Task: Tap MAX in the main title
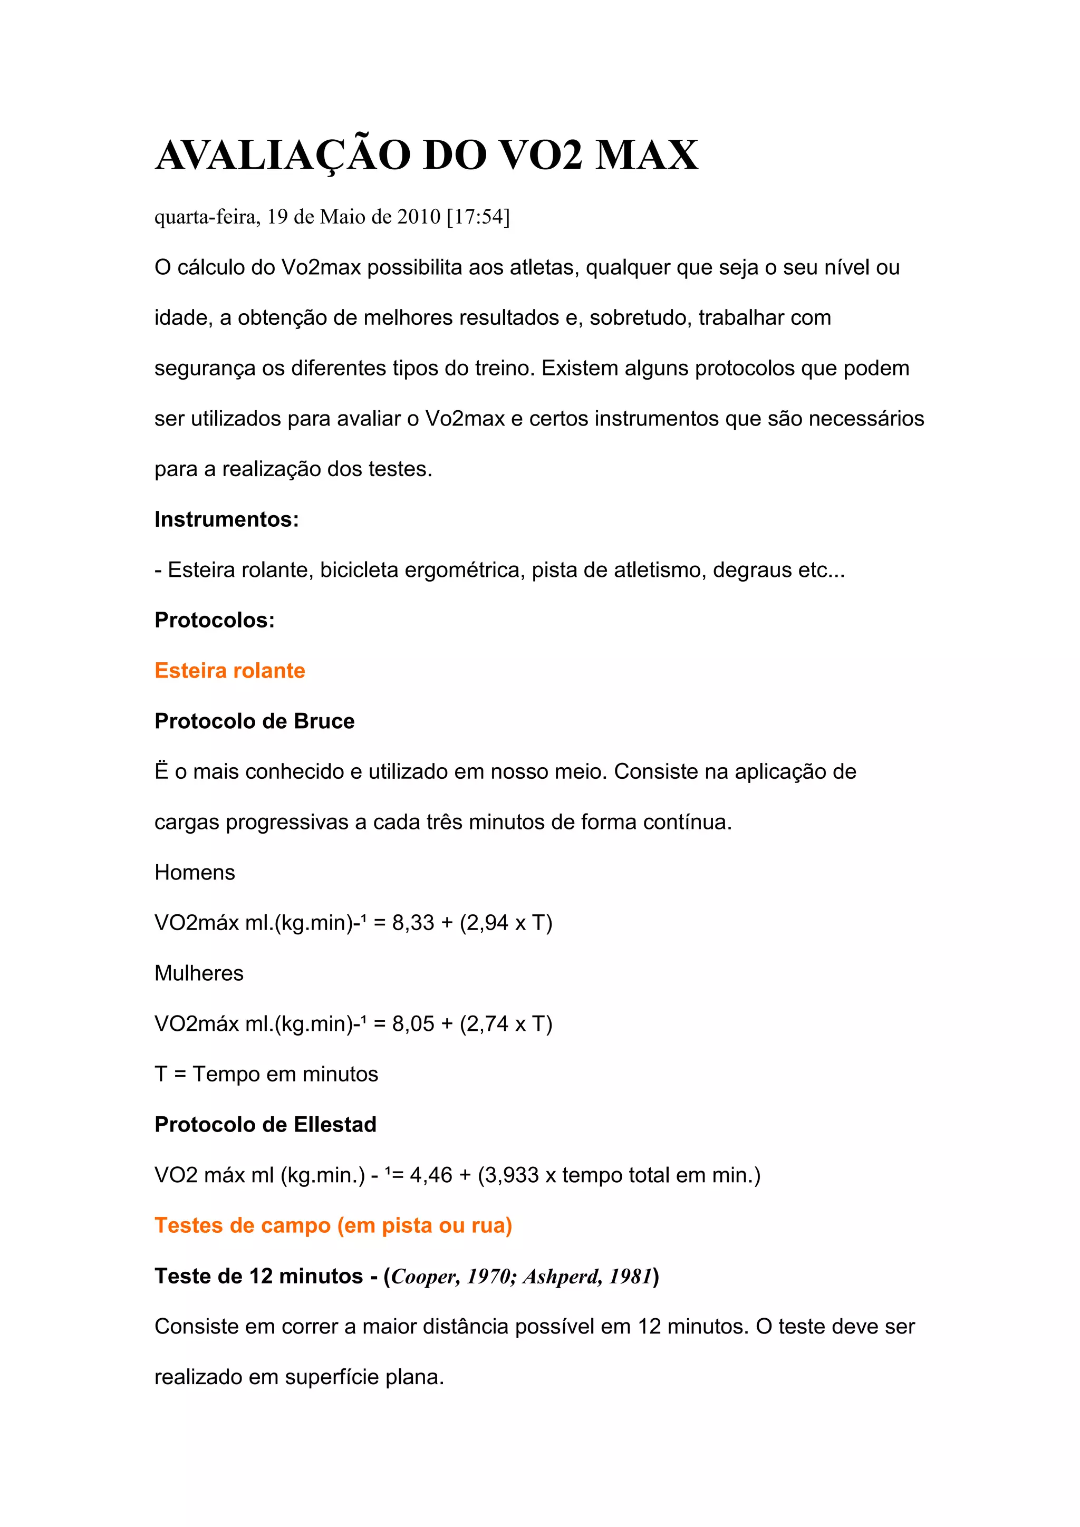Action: point(646,156)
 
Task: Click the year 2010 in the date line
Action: point(419,217)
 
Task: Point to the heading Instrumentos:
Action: point(227,519)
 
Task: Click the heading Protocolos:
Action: point(214,621)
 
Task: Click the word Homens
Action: point(194,873)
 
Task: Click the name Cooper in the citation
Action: point(423,1276)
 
